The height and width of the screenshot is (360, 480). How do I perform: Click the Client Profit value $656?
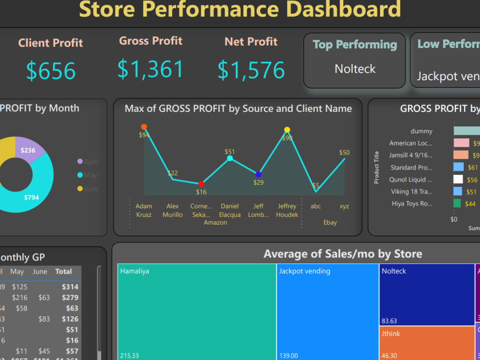(x=51, y=71)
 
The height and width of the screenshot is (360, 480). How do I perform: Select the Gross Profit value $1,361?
(x=151, y=69)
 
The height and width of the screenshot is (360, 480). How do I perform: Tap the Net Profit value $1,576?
(x=251, y=70)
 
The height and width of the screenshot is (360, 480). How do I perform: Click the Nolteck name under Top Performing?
(x=355, y=69)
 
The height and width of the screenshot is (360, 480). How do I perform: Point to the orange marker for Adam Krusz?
(x=144, y=127)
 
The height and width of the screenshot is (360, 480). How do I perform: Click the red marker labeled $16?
(x=201, y=184)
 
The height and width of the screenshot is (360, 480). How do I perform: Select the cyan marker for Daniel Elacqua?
(x=230, y=158)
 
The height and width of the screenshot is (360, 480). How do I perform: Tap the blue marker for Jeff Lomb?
(x=258, y=174)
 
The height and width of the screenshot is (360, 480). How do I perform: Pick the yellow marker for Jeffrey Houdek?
(x=287, y=130)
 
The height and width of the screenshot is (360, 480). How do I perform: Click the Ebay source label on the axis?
(x=330, y=222)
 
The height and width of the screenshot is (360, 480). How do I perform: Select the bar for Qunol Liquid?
(x=458, y=179)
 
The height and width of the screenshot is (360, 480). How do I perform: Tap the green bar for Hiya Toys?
(x=457, y=204)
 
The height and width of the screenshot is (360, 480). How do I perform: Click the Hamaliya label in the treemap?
(x=135, y=271)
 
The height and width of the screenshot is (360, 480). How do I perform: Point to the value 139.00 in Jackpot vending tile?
(x=288, y=356)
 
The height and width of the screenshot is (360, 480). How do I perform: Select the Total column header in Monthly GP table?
(x=63, y=272)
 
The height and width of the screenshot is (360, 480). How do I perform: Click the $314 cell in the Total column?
(x=70, y=287)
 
